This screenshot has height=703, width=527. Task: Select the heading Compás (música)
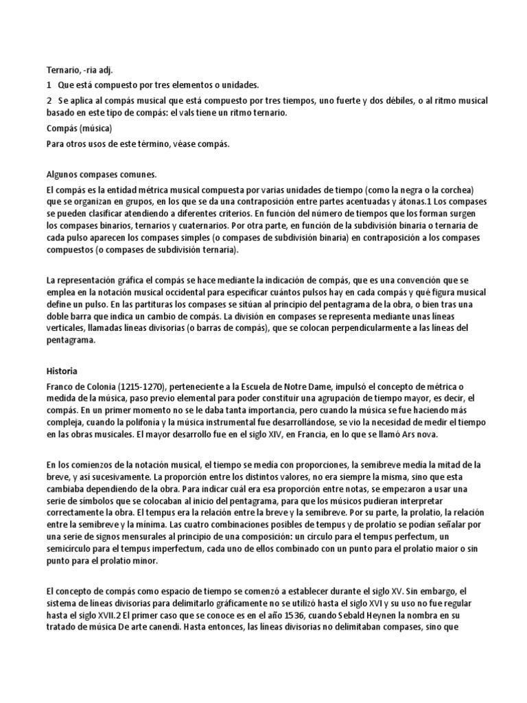click(79, 128)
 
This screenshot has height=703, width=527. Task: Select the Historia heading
click(62, 371)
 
